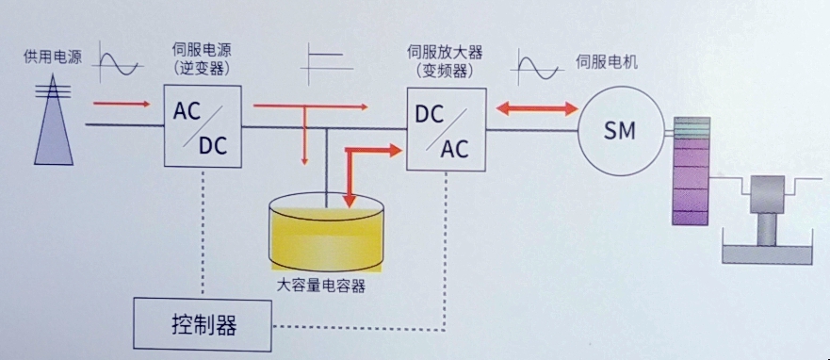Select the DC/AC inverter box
coord(445,128)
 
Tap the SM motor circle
coord(620,130)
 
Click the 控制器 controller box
coord(203,325)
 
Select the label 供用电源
coord(53,57)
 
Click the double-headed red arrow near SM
coord(536,109)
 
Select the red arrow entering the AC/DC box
coord(122,103)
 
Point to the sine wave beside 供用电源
coord(120,64)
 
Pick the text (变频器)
coord(444,71)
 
